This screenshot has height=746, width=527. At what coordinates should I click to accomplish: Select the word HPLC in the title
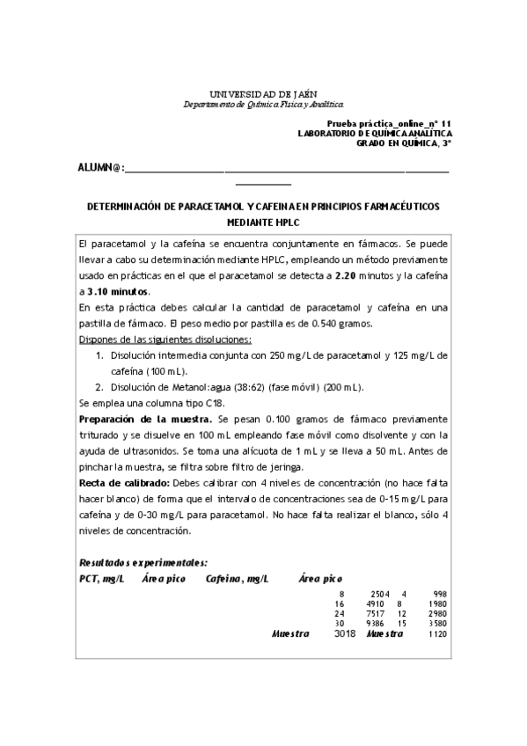point(262,223)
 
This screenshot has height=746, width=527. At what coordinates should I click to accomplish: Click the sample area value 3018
point(345,633)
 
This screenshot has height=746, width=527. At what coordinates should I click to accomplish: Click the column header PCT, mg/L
point(101,578)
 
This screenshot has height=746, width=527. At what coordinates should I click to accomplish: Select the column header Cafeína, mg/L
point(237,578)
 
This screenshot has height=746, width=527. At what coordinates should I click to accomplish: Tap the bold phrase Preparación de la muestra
point(143,420)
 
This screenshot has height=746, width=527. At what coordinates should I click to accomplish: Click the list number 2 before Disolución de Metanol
point(99,386)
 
